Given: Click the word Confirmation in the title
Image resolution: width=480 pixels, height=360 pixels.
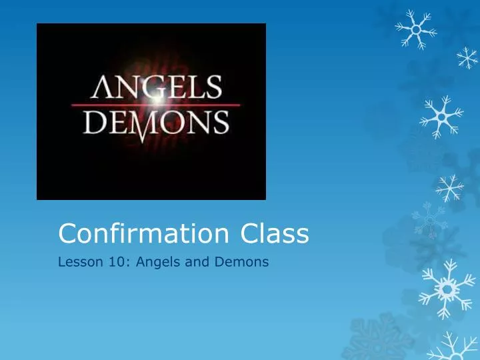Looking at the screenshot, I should pyautogui.click(x=143, y=233).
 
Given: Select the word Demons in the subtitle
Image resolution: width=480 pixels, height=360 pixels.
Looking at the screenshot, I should pyautogui.click(x=241, y=262).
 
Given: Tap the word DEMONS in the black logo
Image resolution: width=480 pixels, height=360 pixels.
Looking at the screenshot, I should pyautogui.click(x=153, y=124).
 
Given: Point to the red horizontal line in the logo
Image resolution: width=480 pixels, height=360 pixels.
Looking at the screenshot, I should pyautogui.click(x=100, y=105).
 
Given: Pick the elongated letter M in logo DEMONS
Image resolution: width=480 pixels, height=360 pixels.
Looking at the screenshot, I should pyautogui.click(x=154, y=127).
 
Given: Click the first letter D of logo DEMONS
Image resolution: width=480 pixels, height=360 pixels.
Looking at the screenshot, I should pyautogui.click(x=86, y=123).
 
